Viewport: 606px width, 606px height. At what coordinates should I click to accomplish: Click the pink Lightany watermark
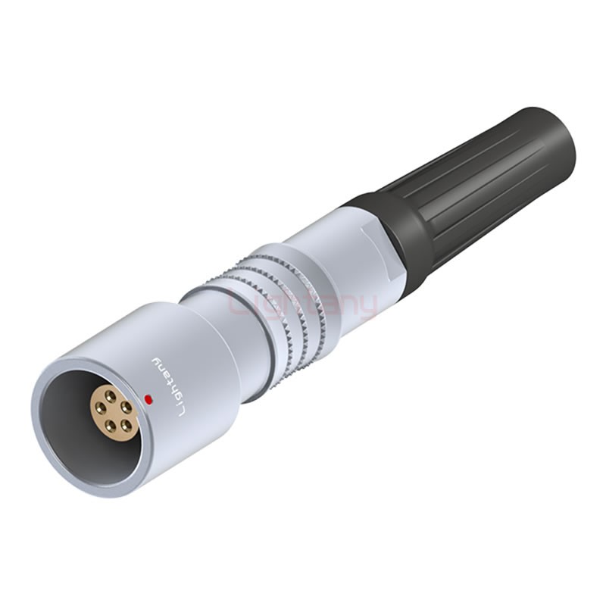[303, 305]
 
